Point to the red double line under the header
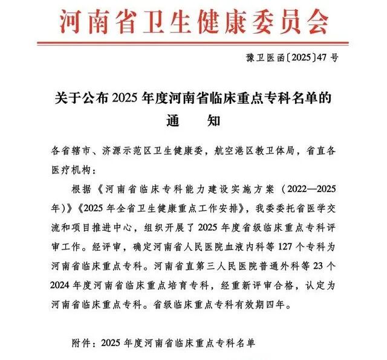[x=193, y=42]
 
